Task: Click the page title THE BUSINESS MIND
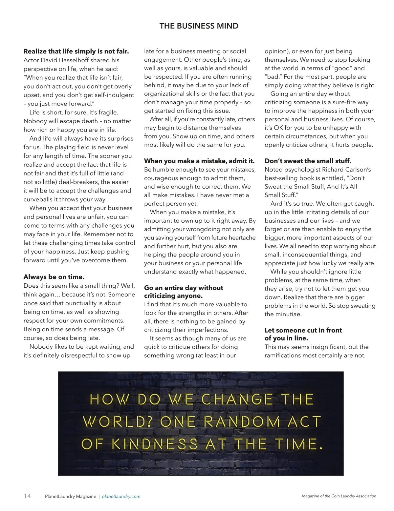[199, 26]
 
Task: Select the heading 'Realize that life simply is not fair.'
[76, 51]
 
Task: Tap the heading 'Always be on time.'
[54, 277]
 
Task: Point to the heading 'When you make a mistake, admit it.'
[199, 161]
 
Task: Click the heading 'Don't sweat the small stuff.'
[308, 161]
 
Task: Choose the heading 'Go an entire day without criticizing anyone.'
[184, 292]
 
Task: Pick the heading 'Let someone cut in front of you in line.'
[303, 334]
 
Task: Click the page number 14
[27, 496]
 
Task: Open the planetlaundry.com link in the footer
[121, 497]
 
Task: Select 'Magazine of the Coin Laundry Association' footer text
[339, 496]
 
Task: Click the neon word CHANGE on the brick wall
[236, 399]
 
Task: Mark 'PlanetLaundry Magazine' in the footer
[71, 497]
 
